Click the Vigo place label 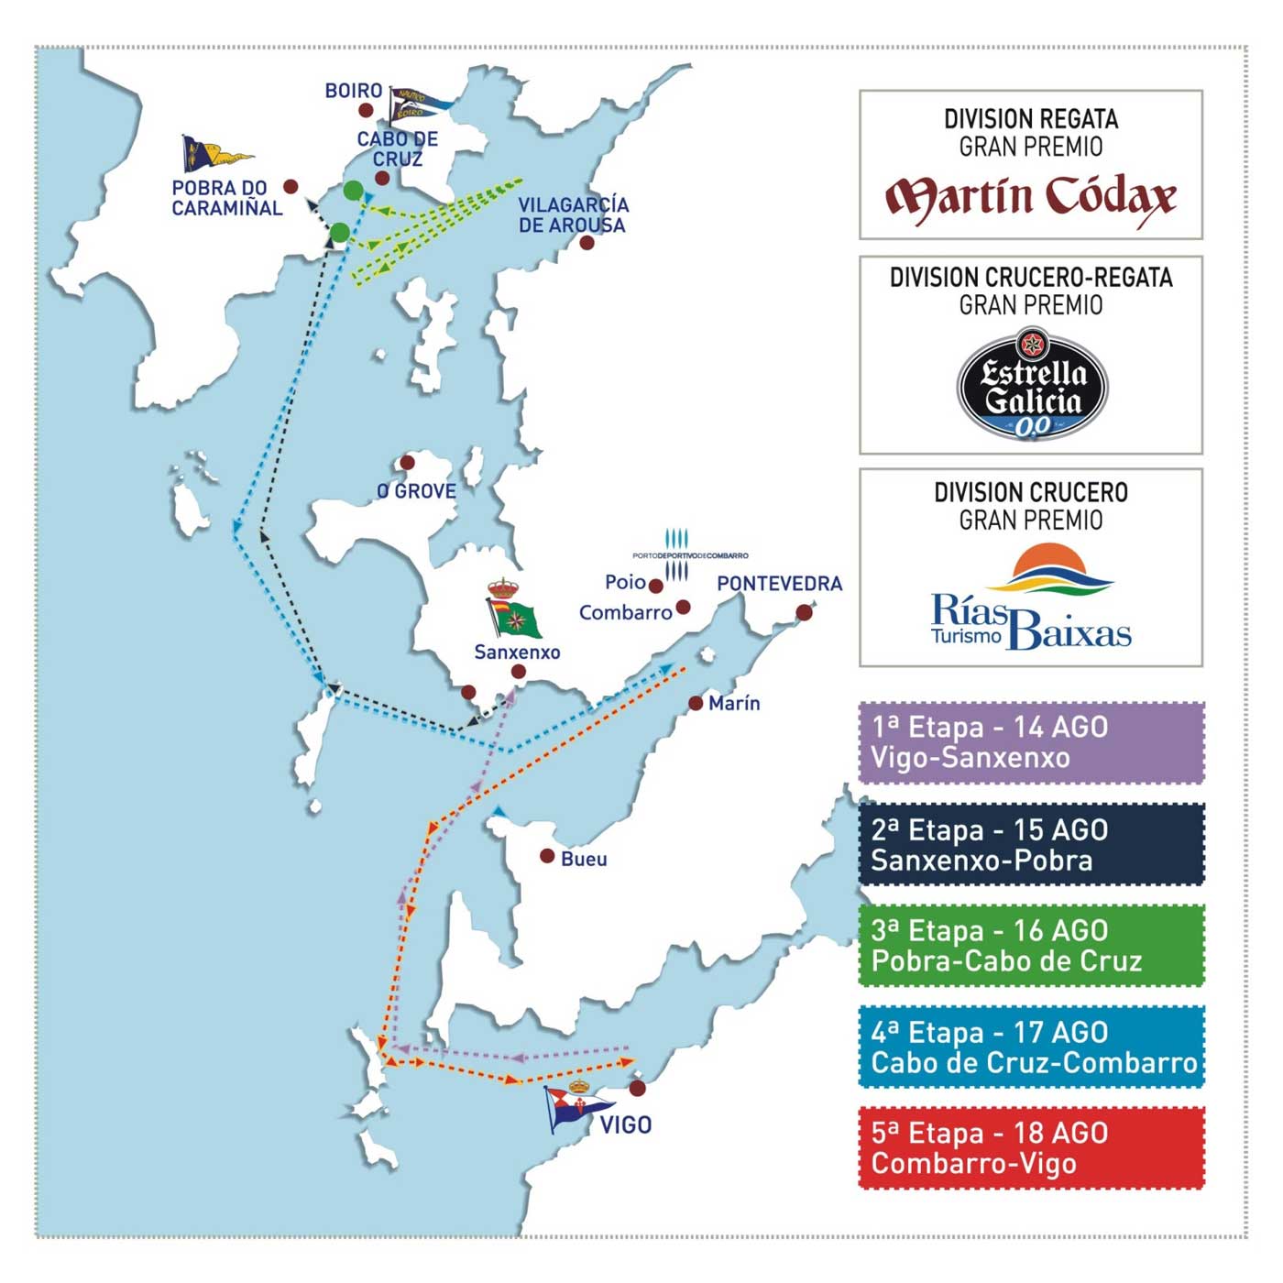pyautogui.click(x=626, y=1124)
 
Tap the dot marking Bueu pyautogui.click(x=547, y=856)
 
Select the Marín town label pyautogui.click(x=734, y=703)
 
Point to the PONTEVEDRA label pyautogui.click(x=779, y=584)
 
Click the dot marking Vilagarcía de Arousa pyautogui.click(x=587, y=242)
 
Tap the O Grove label pyautogui.click(x=417, y=491)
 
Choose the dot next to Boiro pyautogui.click(x=366, y=110)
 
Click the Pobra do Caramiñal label pyautogui.click(x=227, y=198)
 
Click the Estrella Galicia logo pyautogui.click(x=1032, y=386)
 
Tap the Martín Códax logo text pyautogui.click(x=1031, y=198)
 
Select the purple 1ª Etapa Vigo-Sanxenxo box pyautogui.click(x=1031, y=742)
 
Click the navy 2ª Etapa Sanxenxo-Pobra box pyautogui.click(x=1031, y=844)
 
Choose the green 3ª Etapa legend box pyautogui.click(x=1031, y=945)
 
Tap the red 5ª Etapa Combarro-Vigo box pyautogui.click(x=1031, y=1147)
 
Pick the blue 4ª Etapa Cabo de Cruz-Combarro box pyautogui.click(x=1031, y=1047)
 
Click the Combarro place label pyautogui.click(x=625, y=612)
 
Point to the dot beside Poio pyautogui.click(x=656, y=585)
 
